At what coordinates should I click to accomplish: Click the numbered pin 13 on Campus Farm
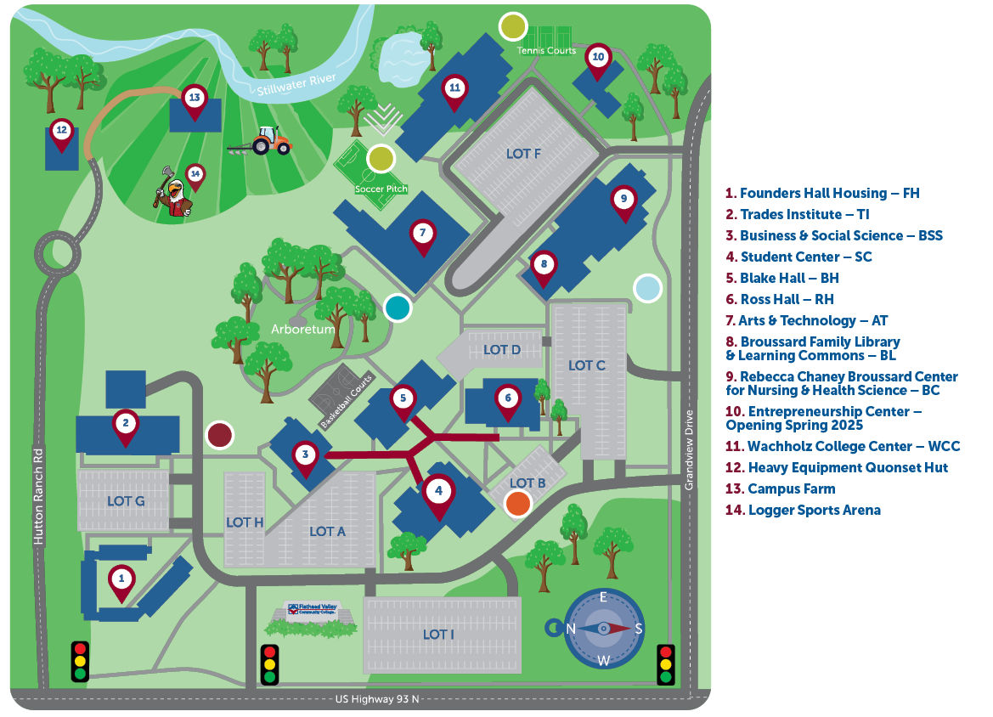[x=195, y=99]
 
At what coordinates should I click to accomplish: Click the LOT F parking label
[x=523, y=154]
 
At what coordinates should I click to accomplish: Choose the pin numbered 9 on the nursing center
[x=623, y=200]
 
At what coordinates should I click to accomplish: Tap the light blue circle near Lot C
[x=647, y=288]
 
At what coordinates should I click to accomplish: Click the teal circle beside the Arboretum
[x=398, y=308]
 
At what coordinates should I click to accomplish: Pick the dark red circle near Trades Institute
[x=220, y=435]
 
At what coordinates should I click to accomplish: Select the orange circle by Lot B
[x=517, y=503]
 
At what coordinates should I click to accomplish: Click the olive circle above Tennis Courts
[x=512, y=26]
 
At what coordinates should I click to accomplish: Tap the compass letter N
[x=572, y=629]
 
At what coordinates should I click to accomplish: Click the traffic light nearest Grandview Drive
[x=666, y=664]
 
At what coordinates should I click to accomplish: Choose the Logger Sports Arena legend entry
[x=803, y=510]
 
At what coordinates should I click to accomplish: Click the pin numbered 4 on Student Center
[x=438, y=491]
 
